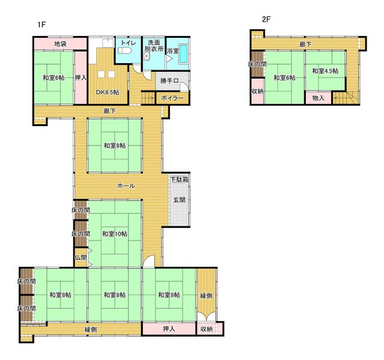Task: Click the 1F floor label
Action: [41, 25]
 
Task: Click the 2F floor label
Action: [266, 19]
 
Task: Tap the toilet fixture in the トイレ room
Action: [125, 50]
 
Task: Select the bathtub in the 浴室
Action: [184, 53]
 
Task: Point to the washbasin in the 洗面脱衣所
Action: [146, 56]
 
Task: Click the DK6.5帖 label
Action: [107, 92]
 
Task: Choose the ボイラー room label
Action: [172, 98]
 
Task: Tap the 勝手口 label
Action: [169, 80]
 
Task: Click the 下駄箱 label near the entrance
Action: [179, 179]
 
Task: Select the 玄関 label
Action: [179, 200]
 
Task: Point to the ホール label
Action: [126, 185]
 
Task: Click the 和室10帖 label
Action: [115, 233]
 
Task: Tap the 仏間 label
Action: [80, 257]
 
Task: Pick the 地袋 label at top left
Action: [60, 44]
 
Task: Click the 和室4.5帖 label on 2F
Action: [325, 71]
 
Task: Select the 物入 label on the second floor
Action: [319, 98]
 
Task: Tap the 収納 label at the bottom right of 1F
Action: [206, 329]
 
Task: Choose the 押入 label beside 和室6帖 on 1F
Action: [80, 78]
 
